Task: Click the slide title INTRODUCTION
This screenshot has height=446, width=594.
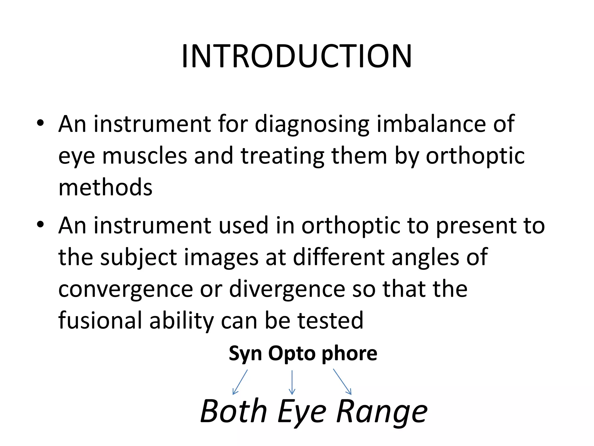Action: [x=296, y=56]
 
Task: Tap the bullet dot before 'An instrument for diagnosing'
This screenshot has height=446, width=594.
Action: [x=40, y=123]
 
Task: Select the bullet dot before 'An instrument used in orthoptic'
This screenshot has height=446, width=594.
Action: [x=40, y=224]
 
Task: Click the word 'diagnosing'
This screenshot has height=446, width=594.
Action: [x=312, y=124]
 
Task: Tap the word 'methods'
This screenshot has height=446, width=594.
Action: [x=105, y=187]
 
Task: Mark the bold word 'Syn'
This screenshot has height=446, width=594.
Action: [x=245, y=354]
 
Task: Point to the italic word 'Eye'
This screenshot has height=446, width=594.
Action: [x=302, y=411]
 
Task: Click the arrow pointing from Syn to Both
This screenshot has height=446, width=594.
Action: [x=240, y=382]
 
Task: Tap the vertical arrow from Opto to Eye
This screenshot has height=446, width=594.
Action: [x=292, y=382]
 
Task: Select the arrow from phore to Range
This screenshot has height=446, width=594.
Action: [x=342, y=382]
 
